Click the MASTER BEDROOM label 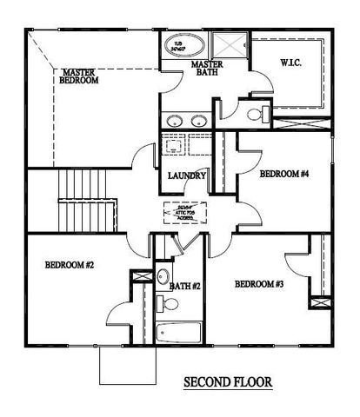click(79, 76)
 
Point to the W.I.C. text click(290, 62)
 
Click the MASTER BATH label click(209, 69)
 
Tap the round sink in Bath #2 click(163, 276)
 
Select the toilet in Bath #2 click(169, 304)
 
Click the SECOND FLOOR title click(228, 381)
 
